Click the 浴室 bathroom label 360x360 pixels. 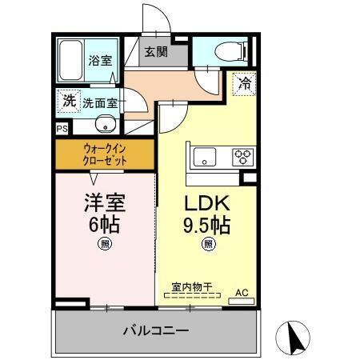pyautogui.click(x=100, y=59)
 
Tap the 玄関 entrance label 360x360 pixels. pyautogui.click(x=156, y=53)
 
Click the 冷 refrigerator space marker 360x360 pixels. pyautogui.click(x=245, y=82)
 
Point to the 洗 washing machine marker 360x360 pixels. pyautogui.click(x=69, y=102)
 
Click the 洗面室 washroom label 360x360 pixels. pyautogui.click(x=100, y=102)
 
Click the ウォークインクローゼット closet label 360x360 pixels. pyautogui.click(x=105, y=153)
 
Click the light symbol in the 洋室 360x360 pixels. pyautogui.click(x=105, y=244)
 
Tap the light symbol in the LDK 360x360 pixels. pyautogui.click(x=208, y=244)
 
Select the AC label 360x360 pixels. pyautogui.click(x=242, y=294)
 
